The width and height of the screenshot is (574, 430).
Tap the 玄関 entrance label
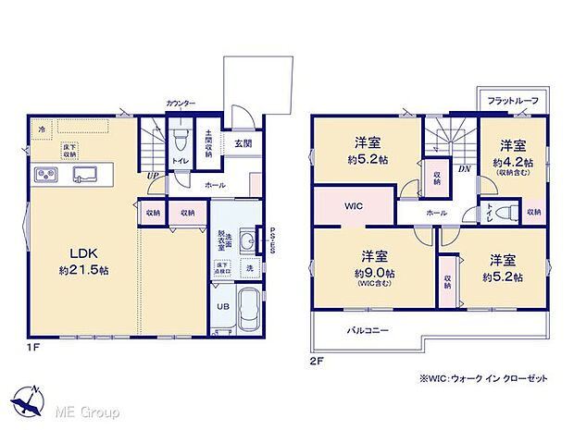click(243, 143)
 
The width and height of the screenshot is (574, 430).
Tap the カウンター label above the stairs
click(180, 104)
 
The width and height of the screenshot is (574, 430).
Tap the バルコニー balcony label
click(368, 330)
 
